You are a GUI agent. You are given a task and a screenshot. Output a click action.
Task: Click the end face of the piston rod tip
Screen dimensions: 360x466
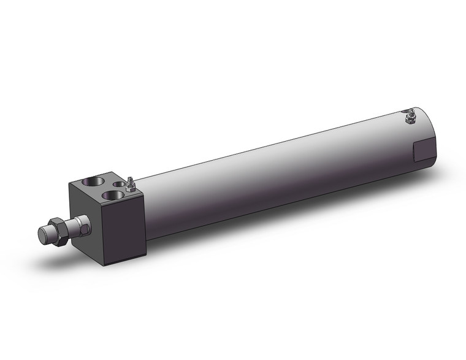tap(43, 234)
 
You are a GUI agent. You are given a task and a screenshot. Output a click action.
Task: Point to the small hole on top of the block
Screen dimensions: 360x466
tap(120, 185)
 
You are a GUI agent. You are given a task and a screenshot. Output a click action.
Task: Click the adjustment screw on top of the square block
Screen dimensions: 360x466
tap(131, 184)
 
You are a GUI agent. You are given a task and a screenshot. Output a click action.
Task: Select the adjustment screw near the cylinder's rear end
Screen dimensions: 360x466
tap(410, 116)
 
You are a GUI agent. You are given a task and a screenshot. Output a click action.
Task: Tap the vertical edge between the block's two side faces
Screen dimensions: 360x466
tap(101, 233)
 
